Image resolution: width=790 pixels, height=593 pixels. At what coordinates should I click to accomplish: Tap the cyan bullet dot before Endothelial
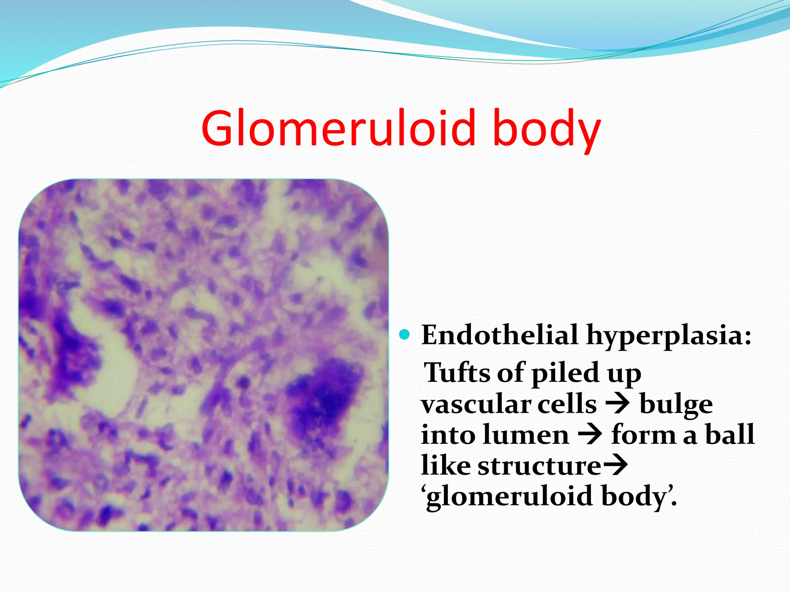pyautogui.click(x=404, y=334)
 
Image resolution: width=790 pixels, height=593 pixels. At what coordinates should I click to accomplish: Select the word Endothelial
pyautogui.click(x=500, y=335)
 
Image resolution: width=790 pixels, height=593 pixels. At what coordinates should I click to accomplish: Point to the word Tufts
pyautogui.click(x=457, y=373)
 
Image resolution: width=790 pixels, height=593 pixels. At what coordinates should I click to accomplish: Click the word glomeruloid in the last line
pyautogui.click(x=509, y=497)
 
